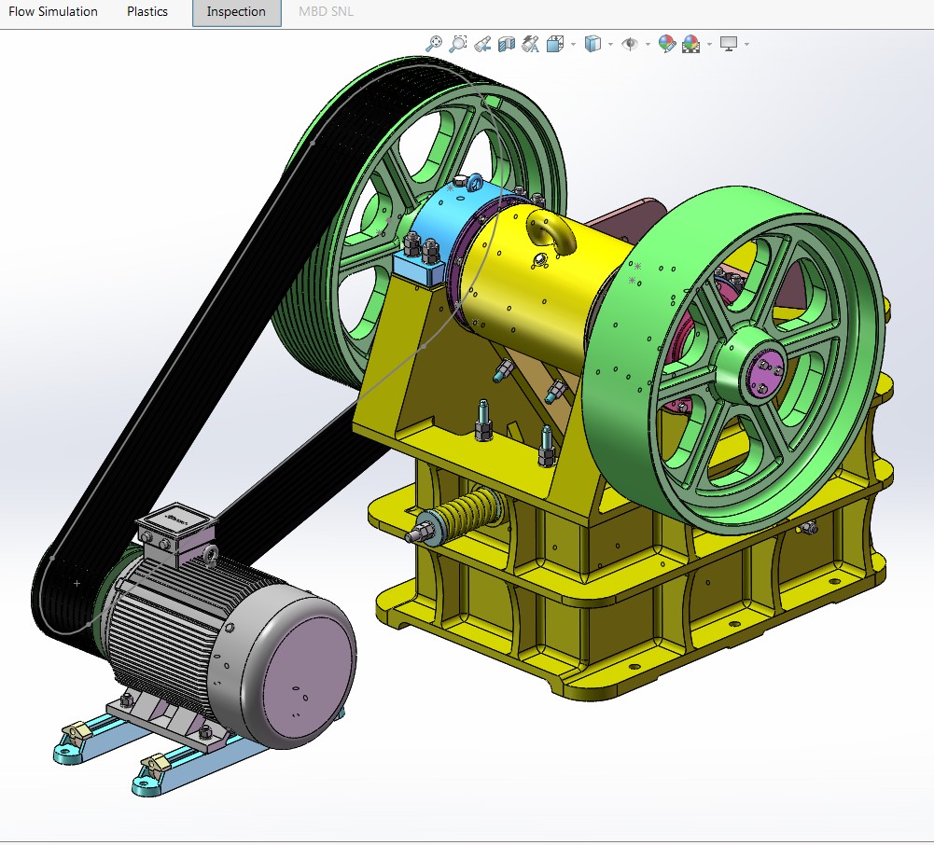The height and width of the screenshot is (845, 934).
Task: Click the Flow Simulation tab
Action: click(53, 11)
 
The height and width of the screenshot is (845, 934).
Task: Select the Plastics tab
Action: click(147, 11)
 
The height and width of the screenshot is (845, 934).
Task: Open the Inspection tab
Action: click(236, 12)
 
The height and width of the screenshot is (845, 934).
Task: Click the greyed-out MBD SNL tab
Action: click(326, 11)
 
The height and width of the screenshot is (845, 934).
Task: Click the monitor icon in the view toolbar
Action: click(729, 44)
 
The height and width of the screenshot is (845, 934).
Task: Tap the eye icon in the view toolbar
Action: click(630, 44)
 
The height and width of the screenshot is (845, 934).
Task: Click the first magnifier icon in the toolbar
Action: click(434, 44)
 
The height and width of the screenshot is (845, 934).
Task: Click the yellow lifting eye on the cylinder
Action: click(551, 232)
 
